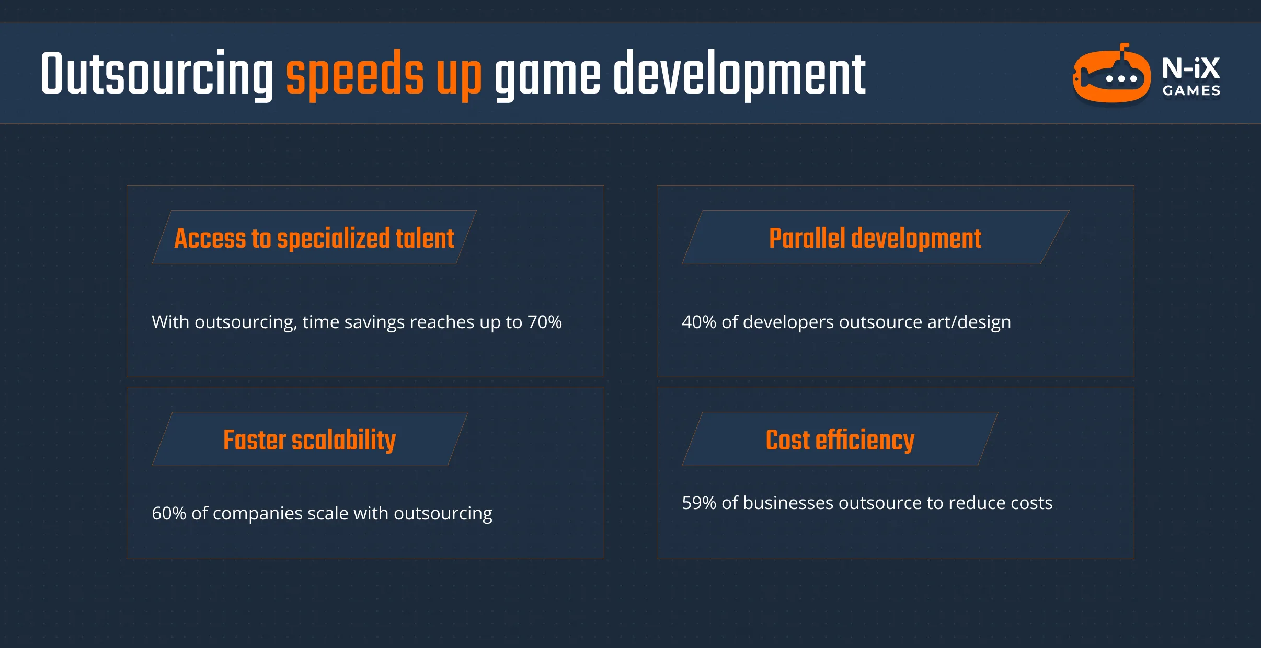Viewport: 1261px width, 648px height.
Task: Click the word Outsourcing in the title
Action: click(157, 74)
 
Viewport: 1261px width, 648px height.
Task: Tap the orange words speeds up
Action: click(383, 74)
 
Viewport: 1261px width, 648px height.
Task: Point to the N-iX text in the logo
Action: click(1191, 68)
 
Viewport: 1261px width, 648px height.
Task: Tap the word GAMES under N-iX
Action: click(1191, 91)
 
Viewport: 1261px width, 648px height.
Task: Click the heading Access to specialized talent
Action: click(314, 238)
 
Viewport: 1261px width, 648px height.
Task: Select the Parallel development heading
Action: click(875, 238)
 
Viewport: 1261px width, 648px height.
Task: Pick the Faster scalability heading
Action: click(309, 440)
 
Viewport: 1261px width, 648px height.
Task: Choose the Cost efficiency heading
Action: click(840, 440)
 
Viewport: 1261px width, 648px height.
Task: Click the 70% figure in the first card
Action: click(544, 322)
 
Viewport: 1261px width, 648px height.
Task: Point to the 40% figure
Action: click(698, 322)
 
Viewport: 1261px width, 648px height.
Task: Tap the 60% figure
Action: click(168, 513)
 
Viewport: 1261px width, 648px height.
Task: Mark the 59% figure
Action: click(698, 503)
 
